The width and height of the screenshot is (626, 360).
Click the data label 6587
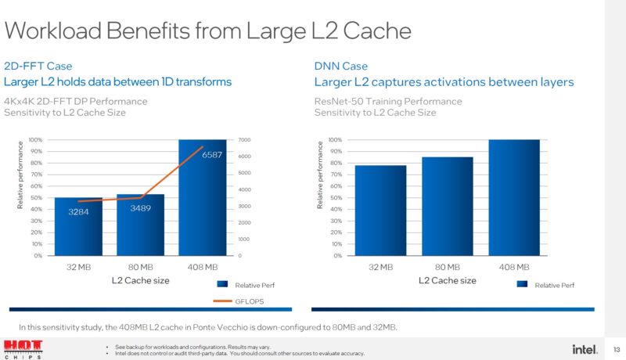pos(212,156)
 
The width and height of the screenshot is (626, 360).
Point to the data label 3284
pos(77,212)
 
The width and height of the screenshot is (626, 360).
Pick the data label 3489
pos(140,208)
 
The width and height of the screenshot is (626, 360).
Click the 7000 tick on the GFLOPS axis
pos(244,139)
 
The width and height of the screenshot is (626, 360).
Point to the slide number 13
pos(616,348)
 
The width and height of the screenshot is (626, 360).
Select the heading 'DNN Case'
pos(340,67)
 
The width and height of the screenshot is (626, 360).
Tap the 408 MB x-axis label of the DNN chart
pos(514,267)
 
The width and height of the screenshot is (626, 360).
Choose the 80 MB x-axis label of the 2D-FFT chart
pos(139,267)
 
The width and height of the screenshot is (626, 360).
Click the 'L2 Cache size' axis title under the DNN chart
pos(447,280)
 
